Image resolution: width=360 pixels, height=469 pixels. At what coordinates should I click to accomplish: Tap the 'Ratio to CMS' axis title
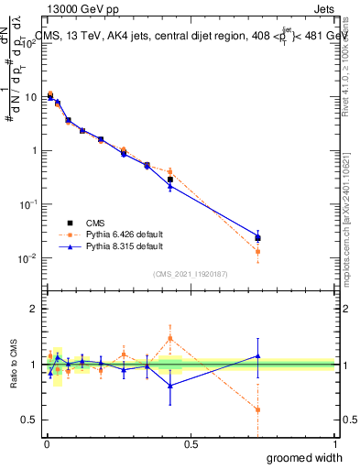point(12,364)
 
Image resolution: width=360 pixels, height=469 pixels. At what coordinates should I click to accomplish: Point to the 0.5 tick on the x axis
point(191,444)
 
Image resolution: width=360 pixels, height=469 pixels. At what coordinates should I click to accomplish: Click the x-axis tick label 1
point(333,444)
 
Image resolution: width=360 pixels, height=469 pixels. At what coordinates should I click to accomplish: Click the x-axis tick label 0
point(47,444)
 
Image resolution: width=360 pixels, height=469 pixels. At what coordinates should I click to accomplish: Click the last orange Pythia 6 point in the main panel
point(258,251)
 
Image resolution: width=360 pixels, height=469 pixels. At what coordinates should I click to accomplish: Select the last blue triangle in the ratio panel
point(258,355)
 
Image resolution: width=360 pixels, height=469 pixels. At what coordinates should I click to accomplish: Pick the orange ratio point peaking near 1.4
point(170,338)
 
